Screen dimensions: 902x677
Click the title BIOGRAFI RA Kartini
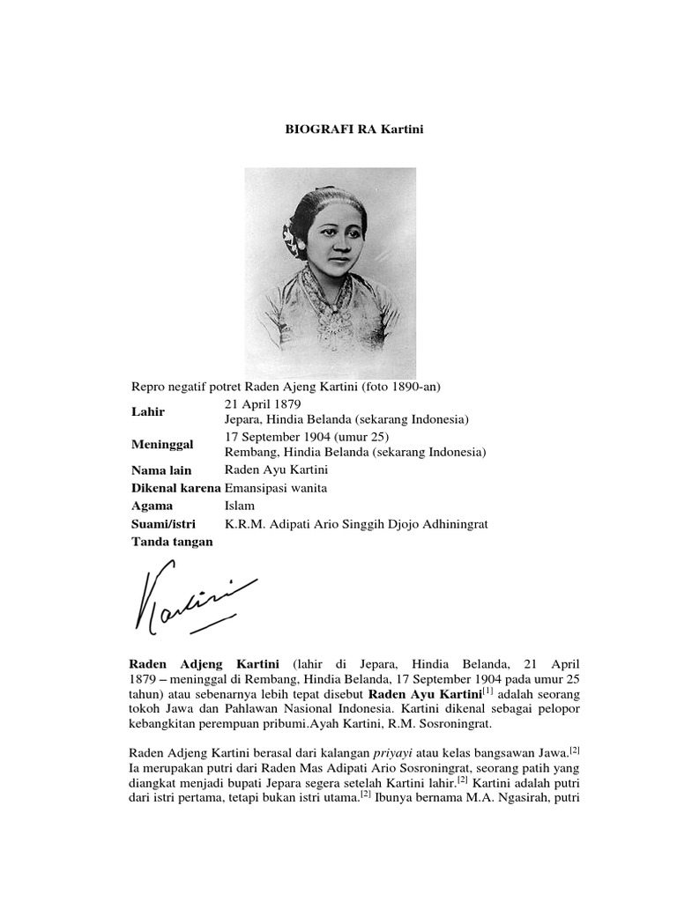[343, 129]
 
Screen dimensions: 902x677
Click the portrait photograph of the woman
[331, 273]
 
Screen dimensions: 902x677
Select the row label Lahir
[147, 411]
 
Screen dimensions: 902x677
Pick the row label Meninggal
[162, 445]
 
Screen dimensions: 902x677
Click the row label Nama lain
[160, 470]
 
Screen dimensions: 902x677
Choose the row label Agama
[151, 506]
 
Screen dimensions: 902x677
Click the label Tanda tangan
[172, 542]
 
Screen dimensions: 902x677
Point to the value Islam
[240, 506]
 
